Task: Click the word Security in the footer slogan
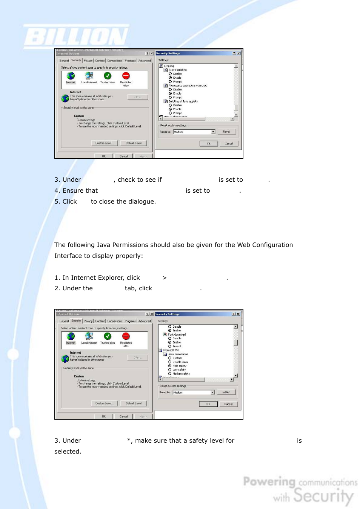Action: click(323, 495)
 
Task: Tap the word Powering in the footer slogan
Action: click(269, 481)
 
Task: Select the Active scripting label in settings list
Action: click(177, 70)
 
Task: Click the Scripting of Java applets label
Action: click(183, 101)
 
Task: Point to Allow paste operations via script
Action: click(188, 86)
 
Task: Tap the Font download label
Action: click(177, 334)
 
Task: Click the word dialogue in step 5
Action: click(142, 202)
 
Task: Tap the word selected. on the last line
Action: click(68, 452)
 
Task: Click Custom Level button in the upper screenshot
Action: click(104, 143)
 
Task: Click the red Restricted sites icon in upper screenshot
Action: click(126, 76)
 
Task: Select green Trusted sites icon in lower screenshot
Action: click(108, 336)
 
